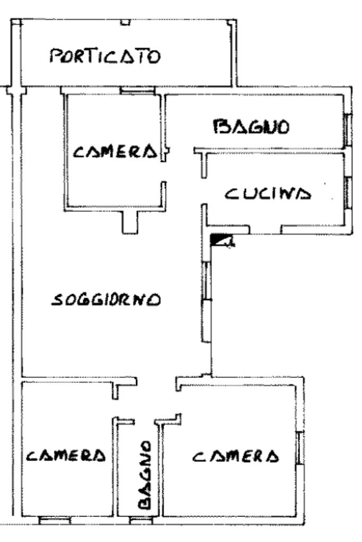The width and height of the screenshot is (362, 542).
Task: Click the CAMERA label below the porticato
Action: click(116, 152)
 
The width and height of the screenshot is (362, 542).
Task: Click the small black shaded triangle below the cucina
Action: click(217, 240)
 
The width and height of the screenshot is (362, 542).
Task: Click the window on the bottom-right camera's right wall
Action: click(299, 449)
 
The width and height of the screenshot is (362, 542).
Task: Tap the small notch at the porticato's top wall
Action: click(125, 22)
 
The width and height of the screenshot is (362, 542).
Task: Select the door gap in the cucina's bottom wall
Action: click(265, 230)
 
